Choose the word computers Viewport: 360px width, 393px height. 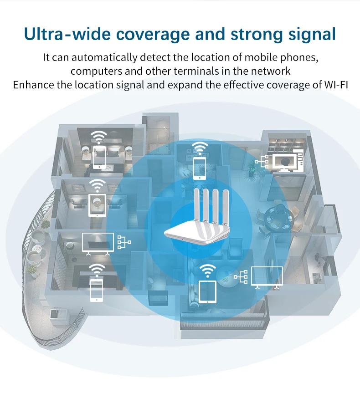tap(94, 71)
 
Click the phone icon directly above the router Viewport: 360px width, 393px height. tap(199, 168)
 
